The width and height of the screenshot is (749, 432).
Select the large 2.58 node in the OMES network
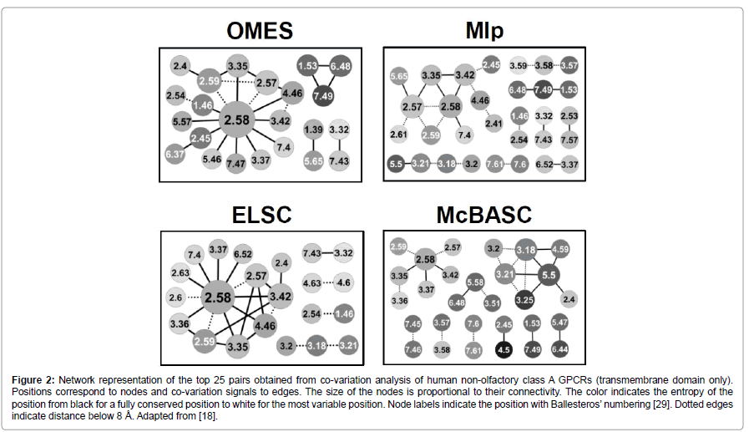click(x=236, y=120)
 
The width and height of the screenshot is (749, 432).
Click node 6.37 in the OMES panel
click(x=175, y=154)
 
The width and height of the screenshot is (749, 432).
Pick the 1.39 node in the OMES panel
click(x=313, y=130)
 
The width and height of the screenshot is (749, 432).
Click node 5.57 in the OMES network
click(x=182, y=122)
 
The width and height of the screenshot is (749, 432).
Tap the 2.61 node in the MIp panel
click(x=398, y=134)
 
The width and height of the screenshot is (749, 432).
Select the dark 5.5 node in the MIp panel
click(x=397, y=164)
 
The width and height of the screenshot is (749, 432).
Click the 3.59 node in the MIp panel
click(x=518, y=65)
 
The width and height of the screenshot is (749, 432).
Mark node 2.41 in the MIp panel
click(x=493, y=125)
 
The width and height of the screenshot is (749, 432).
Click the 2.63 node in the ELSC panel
click(x=180, y=272)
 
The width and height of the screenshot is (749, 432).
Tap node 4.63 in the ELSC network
click(x=313, y=283)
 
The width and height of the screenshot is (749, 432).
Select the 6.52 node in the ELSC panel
click(x=243, y=254)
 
